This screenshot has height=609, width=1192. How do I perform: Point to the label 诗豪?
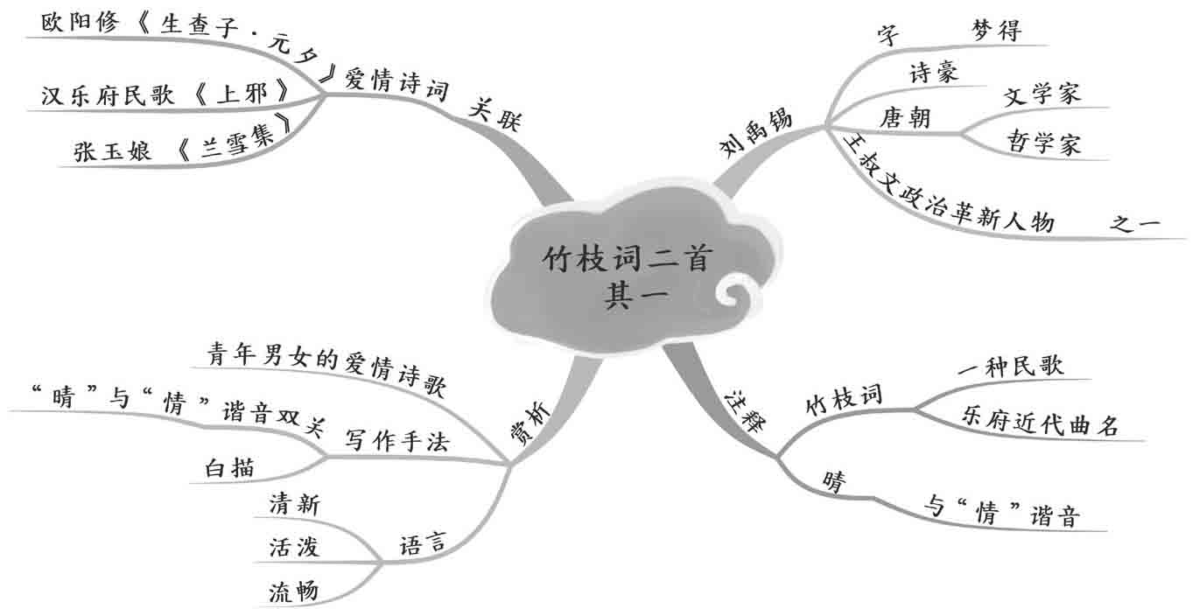pos(934,73)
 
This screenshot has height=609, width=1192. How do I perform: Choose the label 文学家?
pos(1041,94)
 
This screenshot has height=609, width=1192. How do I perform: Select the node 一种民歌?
pos(1010,367)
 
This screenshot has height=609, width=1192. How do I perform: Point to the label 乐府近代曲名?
pos(1040,426)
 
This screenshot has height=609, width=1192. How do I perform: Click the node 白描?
pos(230,468)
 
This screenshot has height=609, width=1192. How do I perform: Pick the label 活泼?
pos(294,548)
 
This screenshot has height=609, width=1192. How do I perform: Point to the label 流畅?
pos(294,592)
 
